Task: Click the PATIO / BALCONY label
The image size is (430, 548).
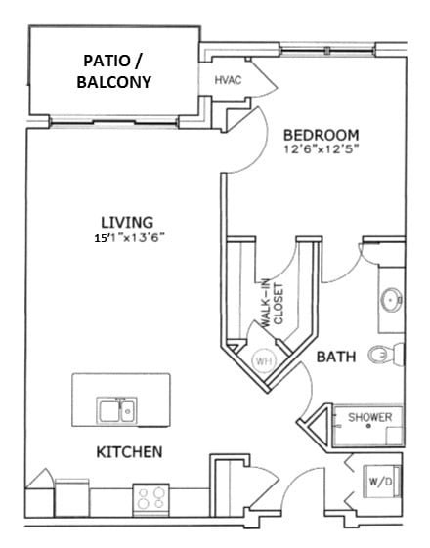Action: pyautogui.click(x=114, y=71)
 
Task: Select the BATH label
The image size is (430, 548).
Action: pyautogui.click(x=335, y=358)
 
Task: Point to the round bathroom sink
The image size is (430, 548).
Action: pyautogui.click(x=391, y=299)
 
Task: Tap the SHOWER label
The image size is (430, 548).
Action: pyautogui.click(x=370, y=418)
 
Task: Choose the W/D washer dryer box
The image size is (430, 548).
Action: pyautogui.click(x=379, y=481)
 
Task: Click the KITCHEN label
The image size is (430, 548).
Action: pyautogui.click(x=128, y=452)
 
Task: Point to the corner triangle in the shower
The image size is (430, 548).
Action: pyautogui.click(x=316, y=428)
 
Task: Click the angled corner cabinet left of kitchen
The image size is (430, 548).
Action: pyautogui.click(x=40, y=489)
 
